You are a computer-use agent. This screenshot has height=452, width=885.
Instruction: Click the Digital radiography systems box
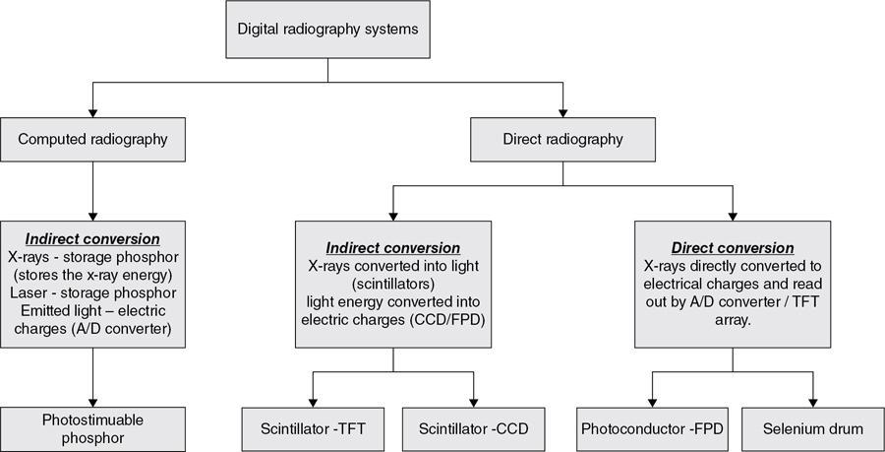[x=327, y=28]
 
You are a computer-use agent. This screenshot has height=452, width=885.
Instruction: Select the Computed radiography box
[x=92, y=140]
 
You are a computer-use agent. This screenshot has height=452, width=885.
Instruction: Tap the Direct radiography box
[x=562, y=140]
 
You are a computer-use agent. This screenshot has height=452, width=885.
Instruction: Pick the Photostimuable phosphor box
[x=92, y=428]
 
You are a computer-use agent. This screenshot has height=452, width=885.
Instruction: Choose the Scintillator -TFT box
[x=313, y=428]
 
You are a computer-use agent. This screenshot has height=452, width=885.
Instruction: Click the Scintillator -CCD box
[x=474, y=428]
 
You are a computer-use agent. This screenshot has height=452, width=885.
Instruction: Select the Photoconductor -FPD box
[x=651, y=428]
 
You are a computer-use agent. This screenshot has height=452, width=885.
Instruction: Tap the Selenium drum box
[x=814, y=428]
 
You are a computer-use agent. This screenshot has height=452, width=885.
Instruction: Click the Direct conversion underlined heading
[x=733, y=247]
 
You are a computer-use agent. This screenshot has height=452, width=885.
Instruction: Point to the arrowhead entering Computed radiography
[x=92, y=113]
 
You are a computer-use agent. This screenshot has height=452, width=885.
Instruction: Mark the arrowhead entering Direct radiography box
[x=562, y=113]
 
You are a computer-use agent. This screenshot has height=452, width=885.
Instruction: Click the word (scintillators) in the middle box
[x=393, y=283]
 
